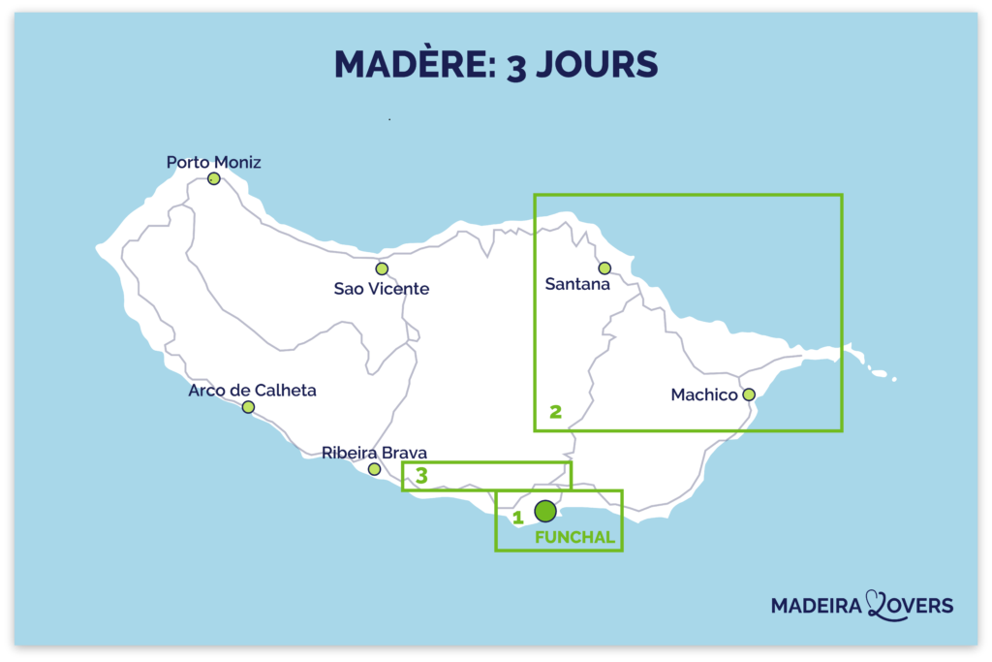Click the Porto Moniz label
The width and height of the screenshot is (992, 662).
click(x=213, y=162)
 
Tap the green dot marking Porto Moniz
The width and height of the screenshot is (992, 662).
click(x=213, y=179)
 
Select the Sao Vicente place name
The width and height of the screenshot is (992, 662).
click(x=381, y=289)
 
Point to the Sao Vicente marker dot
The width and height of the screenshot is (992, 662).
click(x=382, y=268)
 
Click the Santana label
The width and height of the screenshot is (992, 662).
click(x=577, y=285)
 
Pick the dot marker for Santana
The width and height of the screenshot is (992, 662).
click(x=604, y=268)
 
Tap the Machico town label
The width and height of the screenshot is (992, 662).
click(x=703, y=394)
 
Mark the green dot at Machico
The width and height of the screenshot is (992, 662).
click(x=748, y=394)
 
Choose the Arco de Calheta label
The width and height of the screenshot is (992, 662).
click(x=252, y=391)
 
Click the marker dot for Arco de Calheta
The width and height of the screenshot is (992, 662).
click(x=248, y=407)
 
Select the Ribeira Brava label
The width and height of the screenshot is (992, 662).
click(x=374, y=453)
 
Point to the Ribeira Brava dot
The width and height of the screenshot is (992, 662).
click(x=374, y=469)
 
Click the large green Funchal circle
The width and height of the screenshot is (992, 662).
click(x=545, y=511)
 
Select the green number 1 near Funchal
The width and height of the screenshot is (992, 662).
click(x=518, y=518)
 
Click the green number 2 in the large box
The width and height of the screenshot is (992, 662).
click(x=555, y=411)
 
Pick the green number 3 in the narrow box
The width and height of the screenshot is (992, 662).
click(x=421, y=476)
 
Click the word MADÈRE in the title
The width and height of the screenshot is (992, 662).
click(x=412, y=64)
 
